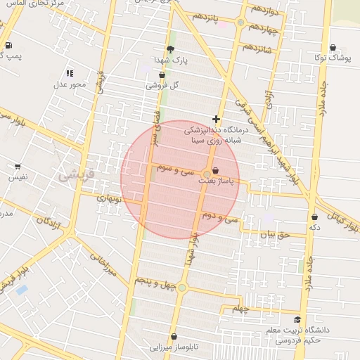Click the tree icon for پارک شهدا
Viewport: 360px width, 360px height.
170,49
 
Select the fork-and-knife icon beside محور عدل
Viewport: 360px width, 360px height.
69,72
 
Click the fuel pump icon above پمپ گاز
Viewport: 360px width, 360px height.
8,45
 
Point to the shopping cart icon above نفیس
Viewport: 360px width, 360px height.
17,167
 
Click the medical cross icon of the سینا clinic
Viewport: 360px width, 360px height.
216,119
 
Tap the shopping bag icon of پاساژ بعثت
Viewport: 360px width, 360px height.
214,170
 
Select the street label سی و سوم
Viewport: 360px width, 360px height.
176,170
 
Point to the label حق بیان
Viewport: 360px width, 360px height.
274,235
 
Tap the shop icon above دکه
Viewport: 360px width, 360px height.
314,217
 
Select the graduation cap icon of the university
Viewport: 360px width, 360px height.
297,319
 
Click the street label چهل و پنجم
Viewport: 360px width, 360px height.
153,282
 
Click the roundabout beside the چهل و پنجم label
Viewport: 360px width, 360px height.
182,287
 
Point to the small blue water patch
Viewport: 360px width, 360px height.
22,289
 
